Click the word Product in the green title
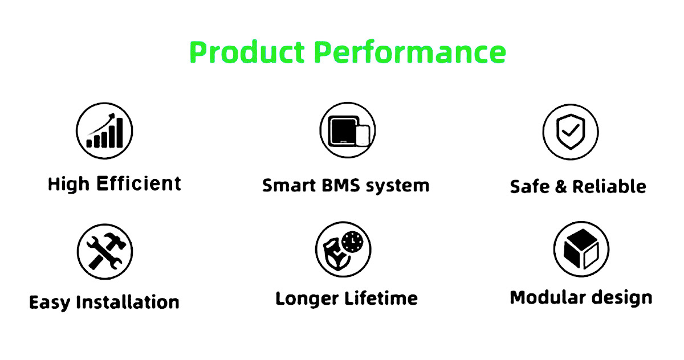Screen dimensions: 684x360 [247, 51]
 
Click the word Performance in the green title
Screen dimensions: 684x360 [410, 51]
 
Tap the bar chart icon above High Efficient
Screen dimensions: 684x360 [104, 131]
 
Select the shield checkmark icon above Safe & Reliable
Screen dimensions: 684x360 [571, 132]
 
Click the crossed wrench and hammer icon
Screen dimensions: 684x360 [105, 252]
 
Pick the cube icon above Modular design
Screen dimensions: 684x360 [581, 249]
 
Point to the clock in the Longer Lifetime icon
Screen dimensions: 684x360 [352, 242]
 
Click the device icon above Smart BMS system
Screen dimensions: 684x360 [348, 130]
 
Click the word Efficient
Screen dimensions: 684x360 [139, 183]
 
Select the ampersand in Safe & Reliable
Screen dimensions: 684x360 [561, 186]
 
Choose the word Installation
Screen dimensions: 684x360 [128, 302]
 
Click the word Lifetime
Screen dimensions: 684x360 [381, 298]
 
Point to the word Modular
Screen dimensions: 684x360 [548, 297]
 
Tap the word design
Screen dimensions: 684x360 [622, 298]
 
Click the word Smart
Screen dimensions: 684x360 [289, 186]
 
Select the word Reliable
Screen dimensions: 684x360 [609, 186]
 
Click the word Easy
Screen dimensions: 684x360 [50, 303]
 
